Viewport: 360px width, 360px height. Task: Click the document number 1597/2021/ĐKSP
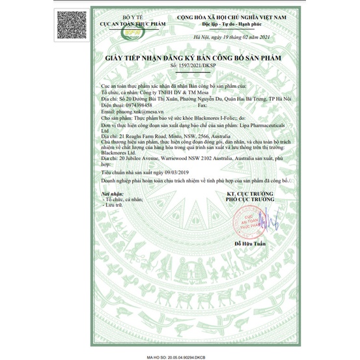[x=180, y=66]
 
